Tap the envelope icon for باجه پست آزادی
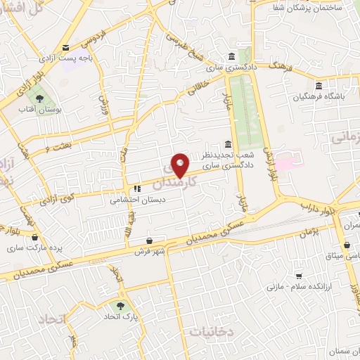[x=65, y=48]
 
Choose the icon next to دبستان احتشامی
[x=137, y=188]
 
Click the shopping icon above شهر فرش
[x=149, y=240]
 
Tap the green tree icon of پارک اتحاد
[x=120, y=306]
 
